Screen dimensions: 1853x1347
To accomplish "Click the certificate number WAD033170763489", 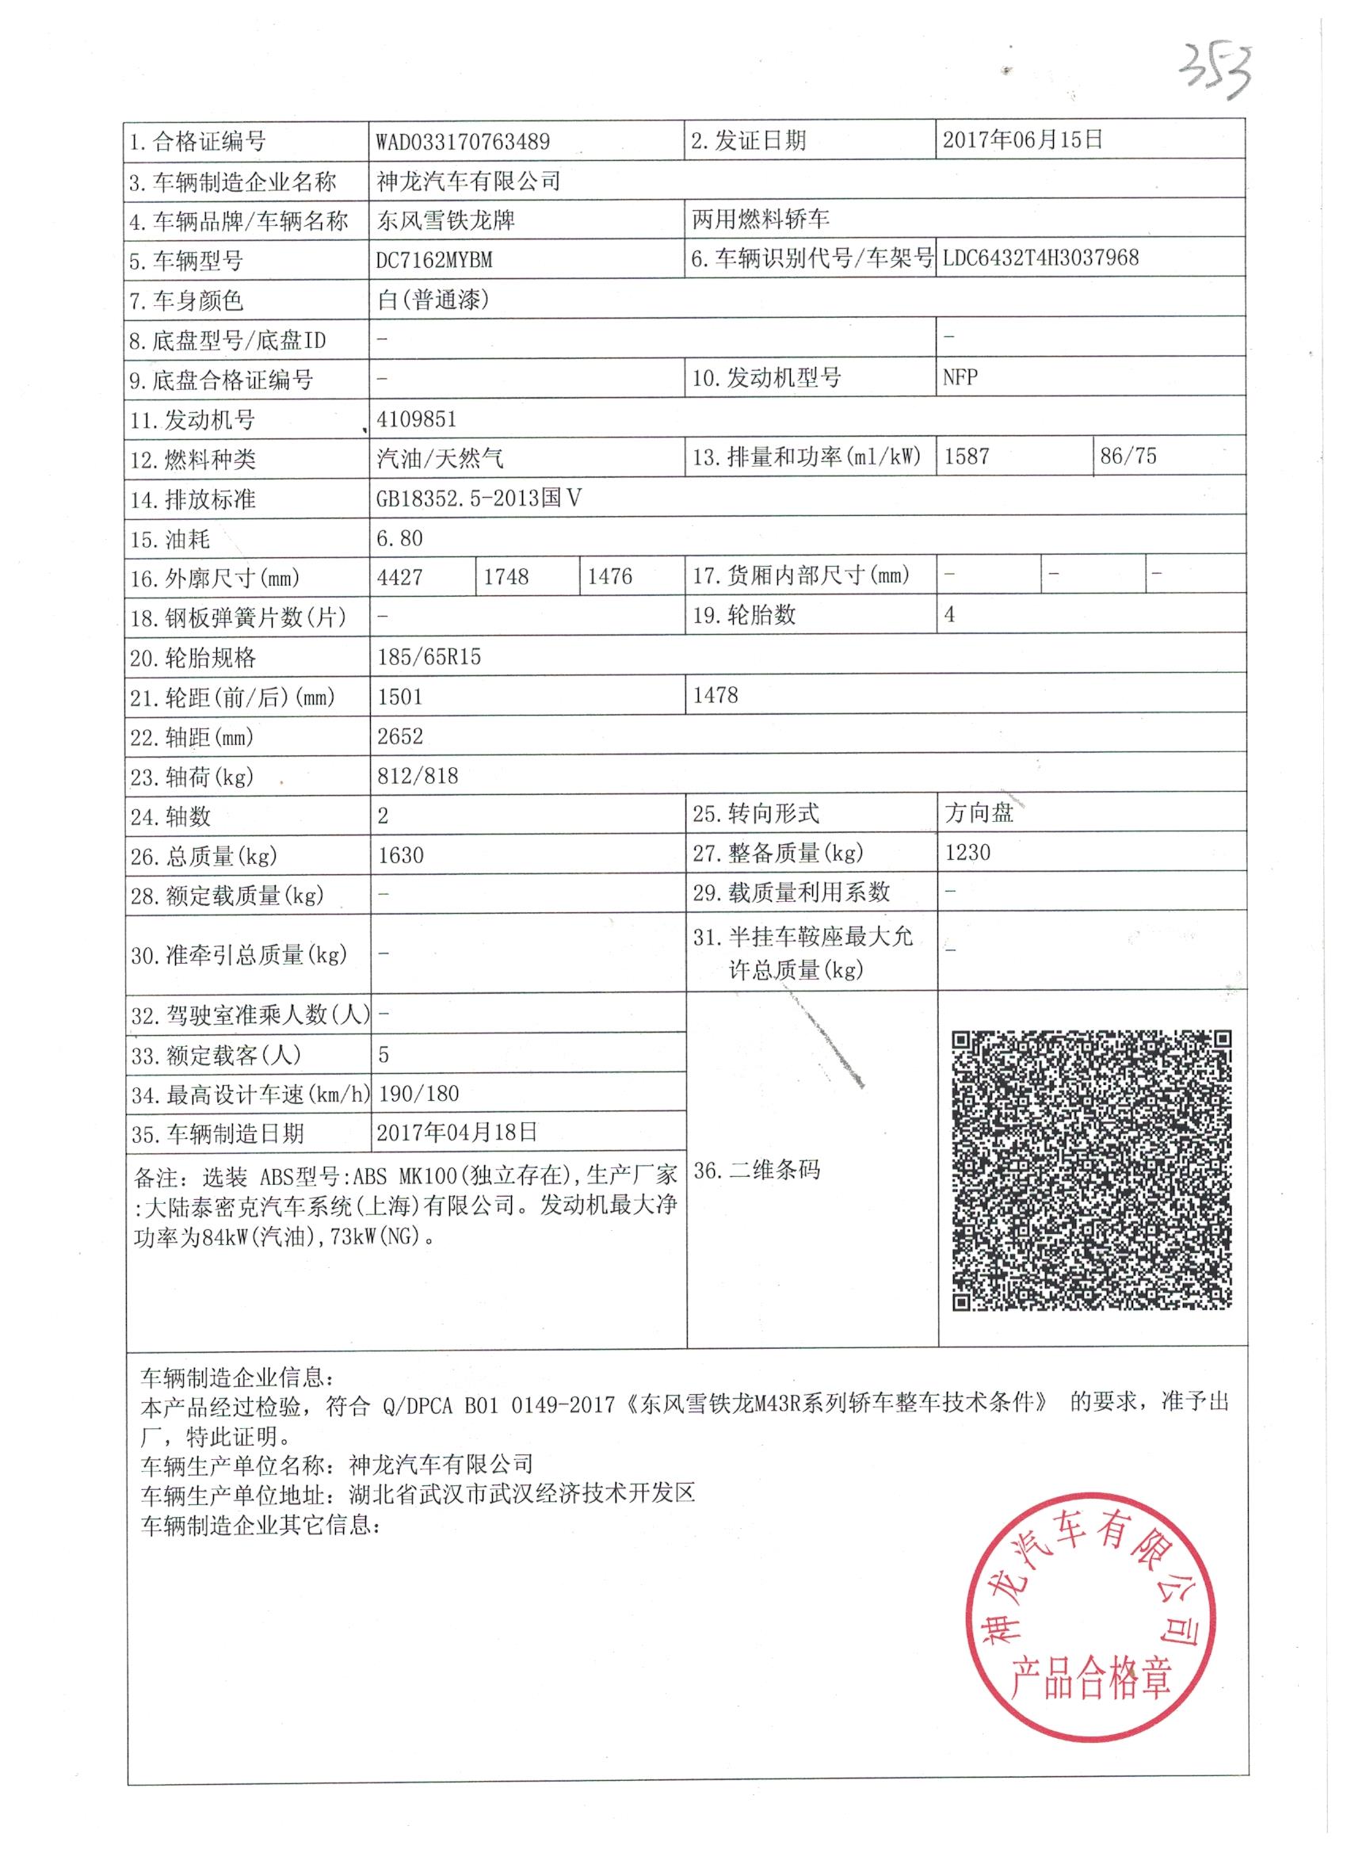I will [x=463, y=141].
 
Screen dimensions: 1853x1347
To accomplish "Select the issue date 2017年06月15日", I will [x=1022, y=139].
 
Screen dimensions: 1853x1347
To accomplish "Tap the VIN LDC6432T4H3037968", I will [x=1040, y=258].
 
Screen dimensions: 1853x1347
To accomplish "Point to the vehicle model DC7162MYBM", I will [x=433, y=260].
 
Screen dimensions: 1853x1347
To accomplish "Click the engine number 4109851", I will [x=416, y=419].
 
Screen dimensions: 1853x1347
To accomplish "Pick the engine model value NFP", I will [x=960, y=377].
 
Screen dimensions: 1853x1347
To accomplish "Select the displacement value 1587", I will [x=967, y=456].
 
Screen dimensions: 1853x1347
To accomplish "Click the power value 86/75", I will [x=1128, y=456].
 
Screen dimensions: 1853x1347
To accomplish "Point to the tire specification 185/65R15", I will [x=429, y=657].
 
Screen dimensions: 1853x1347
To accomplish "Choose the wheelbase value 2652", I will [x=400, y=736].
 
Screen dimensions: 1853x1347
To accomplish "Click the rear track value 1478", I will [x=715, y=695].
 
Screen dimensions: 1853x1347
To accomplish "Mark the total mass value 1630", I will [x=400, y=855].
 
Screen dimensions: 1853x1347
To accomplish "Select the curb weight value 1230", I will [x=967, y=853].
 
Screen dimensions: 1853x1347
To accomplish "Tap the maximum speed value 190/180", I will [x=418, y=1093].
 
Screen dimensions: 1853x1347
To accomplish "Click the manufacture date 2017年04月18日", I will [x=456, y=1133].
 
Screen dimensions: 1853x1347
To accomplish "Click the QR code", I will [x=1091, y=1171].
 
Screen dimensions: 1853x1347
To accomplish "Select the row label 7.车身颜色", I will [x=186, y=300].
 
